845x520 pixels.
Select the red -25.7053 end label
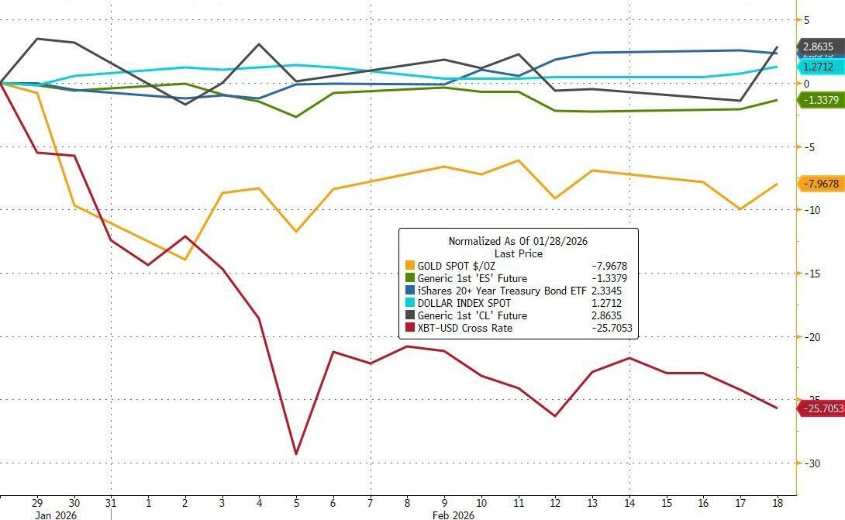(x=820, y=408)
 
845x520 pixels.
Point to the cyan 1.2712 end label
(x=818, y=67)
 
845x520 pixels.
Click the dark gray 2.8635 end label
(x=818, y=46)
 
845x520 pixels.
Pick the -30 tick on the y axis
(x=811, y=463)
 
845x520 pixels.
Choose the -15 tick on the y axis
(x=811, y=274)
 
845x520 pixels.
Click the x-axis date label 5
(x=295, y=502)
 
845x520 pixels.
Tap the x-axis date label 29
(x=37, y=502)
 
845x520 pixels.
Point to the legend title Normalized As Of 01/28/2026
(x=518, y=241)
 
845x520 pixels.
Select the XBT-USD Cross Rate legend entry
(x=465, y=328)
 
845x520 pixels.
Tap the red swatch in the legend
(x=409, y=328)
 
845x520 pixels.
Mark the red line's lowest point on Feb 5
(x=295, y=454)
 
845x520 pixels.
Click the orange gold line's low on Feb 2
(x=185, y=259)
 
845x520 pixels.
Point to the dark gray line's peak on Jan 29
(x=37, y=38)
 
